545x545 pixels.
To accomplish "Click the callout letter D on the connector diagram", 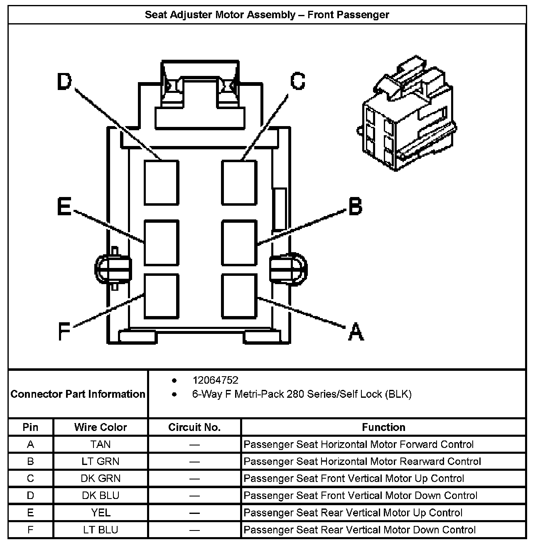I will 64,82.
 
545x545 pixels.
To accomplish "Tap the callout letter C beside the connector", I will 297,81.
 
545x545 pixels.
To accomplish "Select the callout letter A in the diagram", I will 356,332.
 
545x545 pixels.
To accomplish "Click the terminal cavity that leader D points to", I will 162,182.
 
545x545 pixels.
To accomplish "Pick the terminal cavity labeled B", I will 239,243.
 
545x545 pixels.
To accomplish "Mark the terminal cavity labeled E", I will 162,243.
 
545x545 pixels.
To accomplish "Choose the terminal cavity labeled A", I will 239,296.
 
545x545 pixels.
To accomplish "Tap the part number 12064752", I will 215,380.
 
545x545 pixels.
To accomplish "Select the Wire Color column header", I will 101,427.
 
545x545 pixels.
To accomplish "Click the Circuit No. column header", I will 194,427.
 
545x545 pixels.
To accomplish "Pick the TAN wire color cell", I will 101,445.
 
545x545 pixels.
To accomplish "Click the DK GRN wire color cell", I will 101,479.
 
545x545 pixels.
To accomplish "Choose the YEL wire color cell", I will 101,513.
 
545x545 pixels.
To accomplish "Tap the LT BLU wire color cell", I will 101,530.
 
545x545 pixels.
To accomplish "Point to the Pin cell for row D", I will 30,496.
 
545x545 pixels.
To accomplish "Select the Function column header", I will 383,427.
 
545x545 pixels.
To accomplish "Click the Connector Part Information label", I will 78,394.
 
